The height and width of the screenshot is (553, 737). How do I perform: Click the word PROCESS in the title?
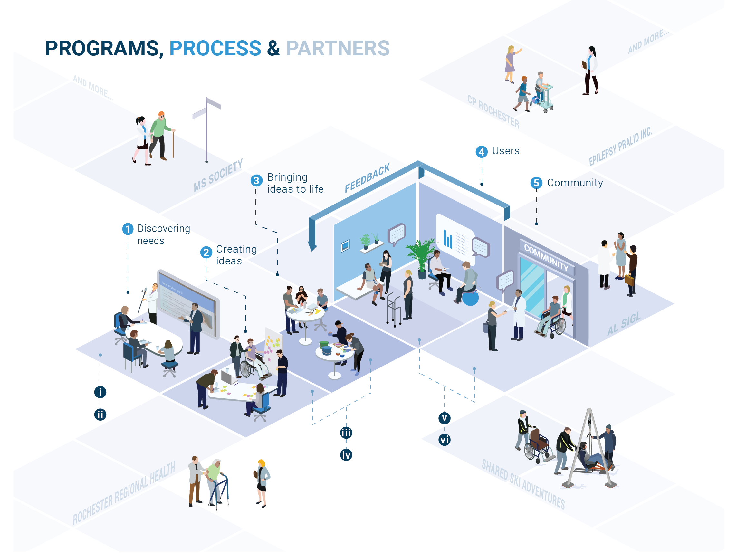click(x=215, y=48)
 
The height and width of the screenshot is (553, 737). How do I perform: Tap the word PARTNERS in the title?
click(x=338, y=48)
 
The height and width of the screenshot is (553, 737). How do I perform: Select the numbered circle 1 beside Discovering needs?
click(x=128, y=229)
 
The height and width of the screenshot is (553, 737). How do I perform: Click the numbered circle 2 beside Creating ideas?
click(x=206, y=252)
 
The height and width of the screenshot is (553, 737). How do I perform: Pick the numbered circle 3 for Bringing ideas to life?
click(x=256, y=181)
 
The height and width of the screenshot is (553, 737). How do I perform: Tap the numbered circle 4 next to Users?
click(x=482, y=152)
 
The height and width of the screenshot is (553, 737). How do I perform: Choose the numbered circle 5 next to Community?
click(x=536, y=183)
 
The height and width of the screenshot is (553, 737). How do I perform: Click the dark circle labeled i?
click(x=100, y=392)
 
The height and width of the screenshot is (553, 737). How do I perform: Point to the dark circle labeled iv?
click(x=346, y=455)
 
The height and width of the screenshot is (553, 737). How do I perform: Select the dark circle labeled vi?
click(x=444, y=440)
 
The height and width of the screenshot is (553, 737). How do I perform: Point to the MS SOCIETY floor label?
click(x=218, y=176)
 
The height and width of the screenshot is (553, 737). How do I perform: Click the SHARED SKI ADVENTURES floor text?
click(x=523, y=485)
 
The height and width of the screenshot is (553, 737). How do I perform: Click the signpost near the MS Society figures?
click(x=207, y=130)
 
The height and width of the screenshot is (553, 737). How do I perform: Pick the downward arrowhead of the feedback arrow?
click(x=312, y=246)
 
